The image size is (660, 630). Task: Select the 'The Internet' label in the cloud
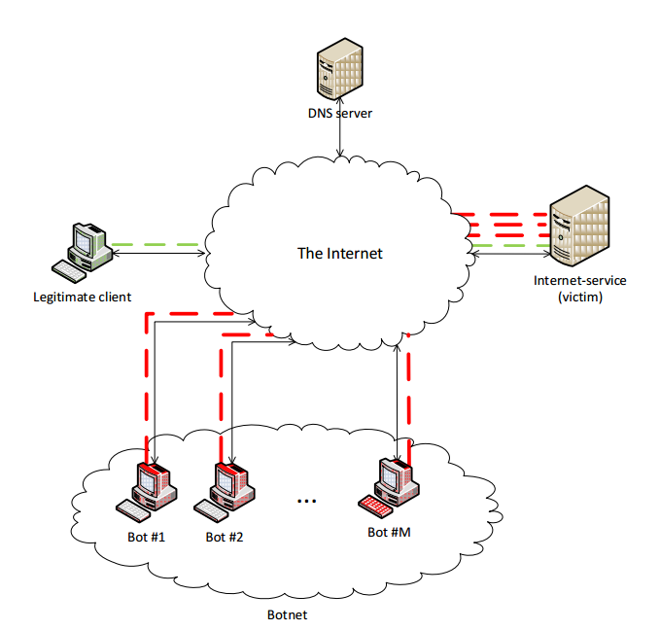click(339, 254)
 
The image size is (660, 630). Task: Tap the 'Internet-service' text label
click(580, 281)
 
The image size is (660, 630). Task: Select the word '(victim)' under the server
click(580, 297)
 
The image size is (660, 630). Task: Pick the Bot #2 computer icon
click(229, 485)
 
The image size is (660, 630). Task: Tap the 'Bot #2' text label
click(224, 537)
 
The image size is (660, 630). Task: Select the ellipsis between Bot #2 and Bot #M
click(307, 502)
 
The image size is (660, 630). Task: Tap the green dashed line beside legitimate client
click(156, 244)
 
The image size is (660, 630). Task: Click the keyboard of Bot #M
click(373, 506)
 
